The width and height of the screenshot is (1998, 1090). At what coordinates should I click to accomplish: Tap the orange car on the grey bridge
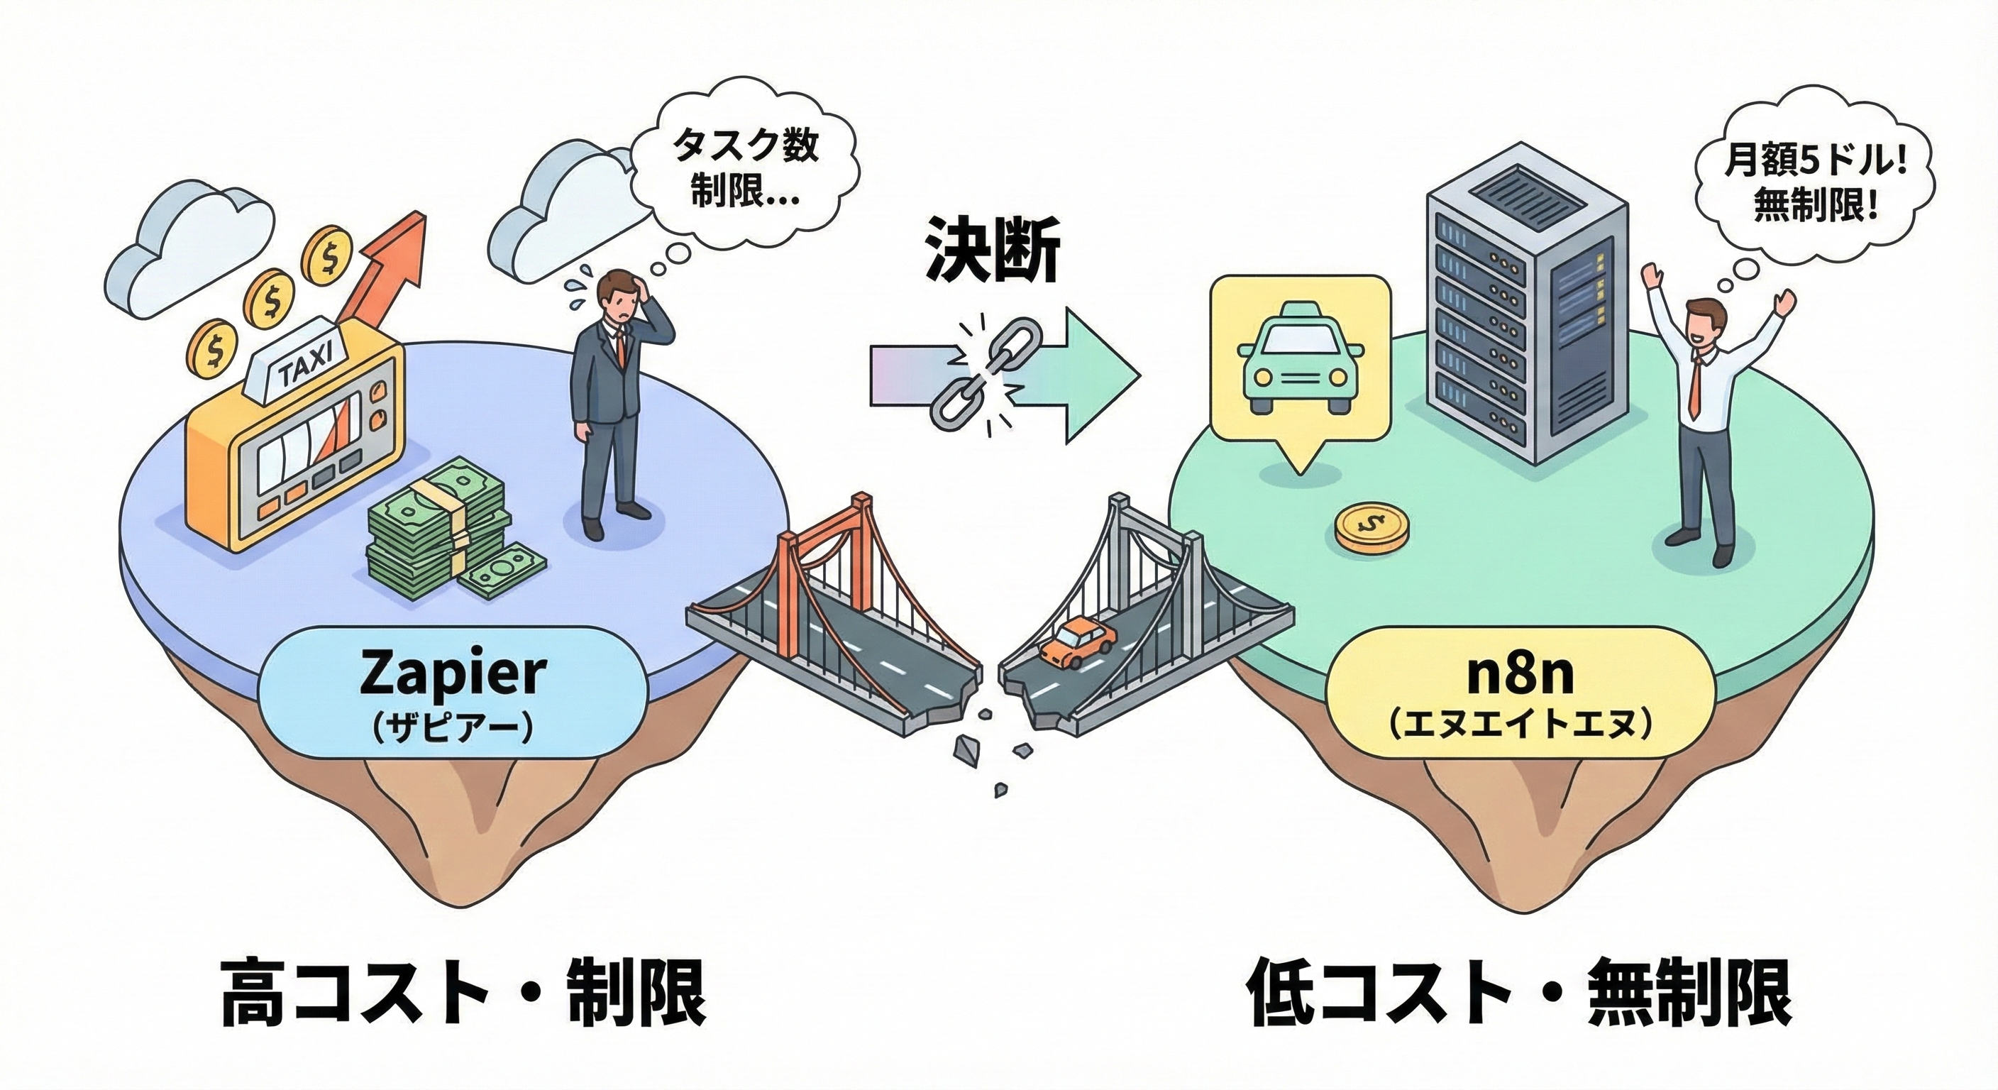click(1076, 641)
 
